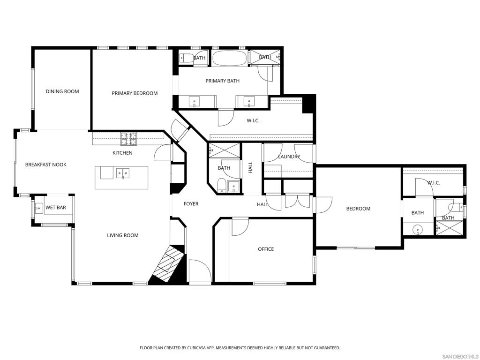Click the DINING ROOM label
[x=62, y=91]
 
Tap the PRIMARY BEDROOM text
[x=135, y=93]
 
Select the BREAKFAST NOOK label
[x=46, y=165]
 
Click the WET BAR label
[x=55, y=207]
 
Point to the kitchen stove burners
[x=129, y=138]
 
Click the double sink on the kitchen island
[x=123, y=174]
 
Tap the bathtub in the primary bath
[x=229, y=58]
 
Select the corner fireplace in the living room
[x=167, y=265]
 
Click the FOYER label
[x=191, y=204]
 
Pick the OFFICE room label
[x=266, y=249]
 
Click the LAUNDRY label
[x=289, y=157]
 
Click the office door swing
[x=240, y=227]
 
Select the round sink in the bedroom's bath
[x=417, y=230]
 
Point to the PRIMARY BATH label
[x=222, y=81]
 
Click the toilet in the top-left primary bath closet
[x=186, y=58]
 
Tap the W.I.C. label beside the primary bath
[x=253, y=121]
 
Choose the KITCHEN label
[x=122, y=153]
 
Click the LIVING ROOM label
[x=123, y=235]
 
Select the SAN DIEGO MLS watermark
[x=460, y=355]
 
